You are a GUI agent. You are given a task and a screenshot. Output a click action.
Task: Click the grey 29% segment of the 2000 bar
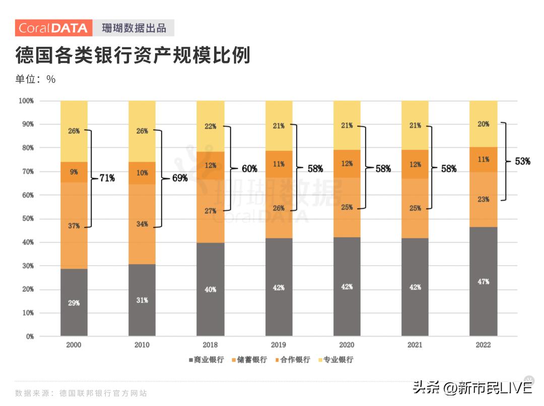click(x=74, y=302)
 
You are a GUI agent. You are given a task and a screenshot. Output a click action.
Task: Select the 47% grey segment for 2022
click(x=483, y=281)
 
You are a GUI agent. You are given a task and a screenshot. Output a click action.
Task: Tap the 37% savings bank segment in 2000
click(x=74, y=226)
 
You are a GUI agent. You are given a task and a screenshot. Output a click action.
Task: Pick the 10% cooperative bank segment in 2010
click(x=142, y=173)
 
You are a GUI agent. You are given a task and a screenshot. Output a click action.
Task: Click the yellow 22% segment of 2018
click(x=210, y=126)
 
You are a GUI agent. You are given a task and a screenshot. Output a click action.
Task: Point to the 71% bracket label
click(x=106, y=178)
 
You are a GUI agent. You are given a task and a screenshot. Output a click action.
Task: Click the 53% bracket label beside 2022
click(x=522, y=161)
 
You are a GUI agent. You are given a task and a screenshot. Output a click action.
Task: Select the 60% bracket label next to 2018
click(x=249, y=169)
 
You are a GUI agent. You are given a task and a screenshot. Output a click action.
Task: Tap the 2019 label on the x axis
click(x=279, y=345)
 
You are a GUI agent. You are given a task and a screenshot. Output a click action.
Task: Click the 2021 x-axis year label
click(x=415, y=345)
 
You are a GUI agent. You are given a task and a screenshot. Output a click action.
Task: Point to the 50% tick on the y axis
click(x=26, y=218)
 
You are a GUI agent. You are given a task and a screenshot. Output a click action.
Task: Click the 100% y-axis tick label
click(x=26, y=101)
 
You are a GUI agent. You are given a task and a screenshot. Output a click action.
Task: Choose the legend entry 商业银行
click(x=206, y=360)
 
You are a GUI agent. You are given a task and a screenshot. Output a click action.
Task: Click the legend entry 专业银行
click(x=335, y=360)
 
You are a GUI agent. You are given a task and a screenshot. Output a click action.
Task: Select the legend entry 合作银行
click(x=292, y=360)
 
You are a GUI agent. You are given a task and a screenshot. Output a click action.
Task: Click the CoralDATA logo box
click(x=53, y=28)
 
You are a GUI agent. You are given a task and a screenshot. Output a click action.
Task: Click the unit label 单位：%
click(x=35, y=79)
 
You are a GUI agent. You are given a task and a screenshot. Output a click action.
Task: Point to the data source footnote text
click(x=81, y=393)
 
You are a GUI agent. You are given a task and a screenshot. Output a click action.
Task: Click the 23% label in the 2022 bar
click(x=483, y=199)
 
